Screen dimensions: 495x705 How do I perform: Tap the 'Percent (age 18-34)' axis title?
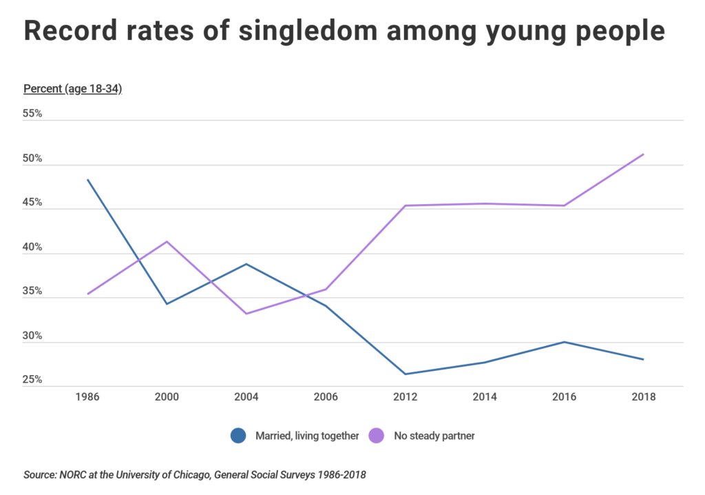[x=72, y=89]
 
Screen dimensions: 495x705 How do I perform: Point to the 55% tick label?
[x=32, y=114]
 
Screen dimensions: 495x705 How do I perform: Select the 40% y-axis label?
[x=32, y=247]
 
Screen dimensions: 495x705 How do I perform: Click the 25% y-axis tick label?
[x=32, y=380]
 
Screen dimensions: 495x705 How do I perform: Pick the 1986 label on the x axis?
[x=87, y=398]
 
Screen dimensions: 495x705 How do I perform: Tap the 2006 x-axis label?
[x=326, y=398]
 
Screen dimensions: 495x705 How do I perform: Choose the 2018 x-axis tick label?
[x=643, y=398]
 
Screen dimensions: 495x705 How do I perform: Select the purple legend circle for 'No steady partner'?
[x=377, y=436]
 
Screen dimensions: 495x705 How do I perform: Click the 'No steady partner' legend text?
[x=434, y=436]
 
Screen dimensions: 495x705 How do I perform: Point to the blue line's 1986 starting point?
[x=87, y=179]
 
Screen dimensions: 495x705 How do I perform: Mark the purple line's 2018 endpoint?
[x=643, y=154]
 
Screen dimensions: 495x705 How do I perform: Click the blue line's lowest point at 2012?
[x=406, y=374]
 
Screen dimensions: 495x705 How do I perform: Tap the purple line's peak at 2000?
[x=167, y=241]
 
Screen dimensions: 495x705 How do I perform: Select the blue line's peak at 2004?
[x=246, y=264]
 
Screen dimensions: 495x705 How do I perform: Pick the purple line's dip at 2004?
[x=246, y=314]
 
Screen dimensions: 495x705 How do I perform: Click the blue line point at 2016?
[x=564, y=342]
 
